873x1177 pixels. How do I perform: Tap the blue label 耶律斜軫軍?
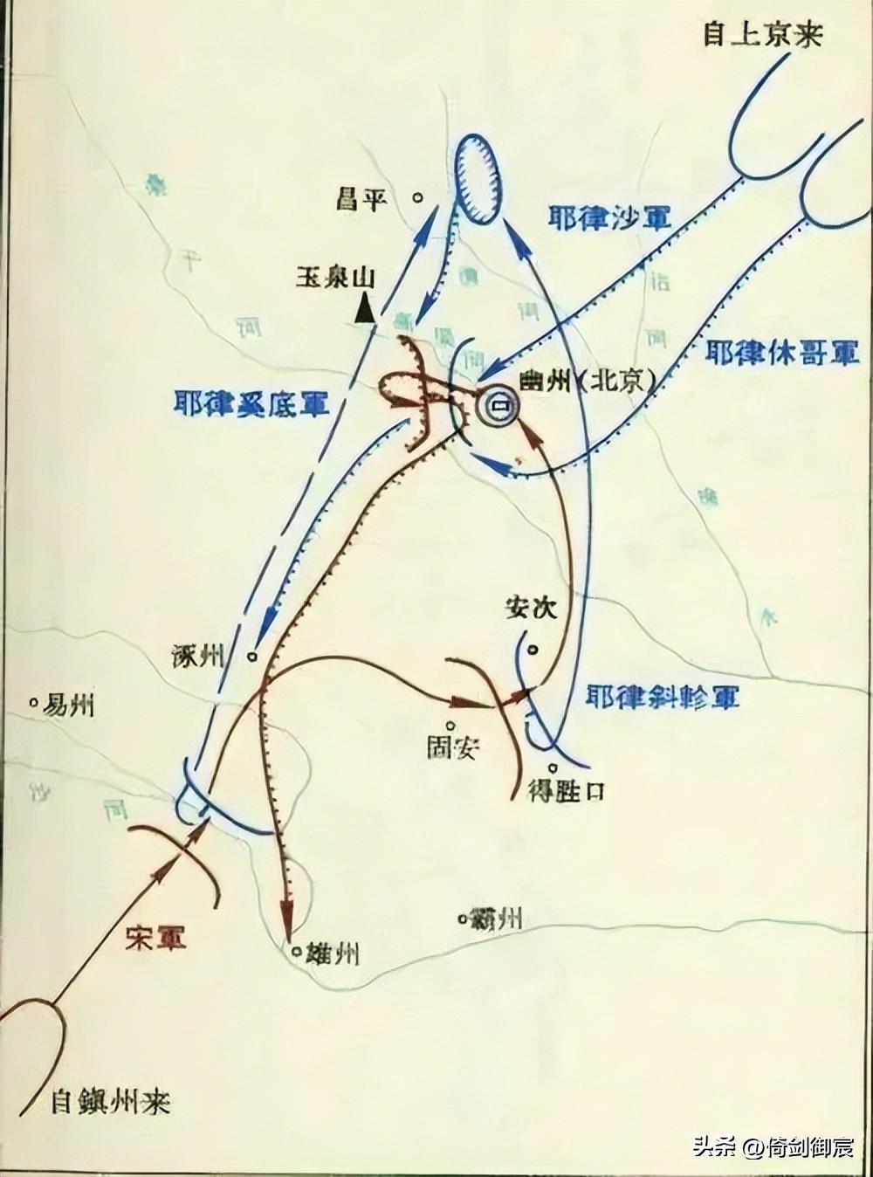[x=663, y=697]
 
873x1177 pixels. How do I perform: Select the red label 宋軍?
[x=156, y=938]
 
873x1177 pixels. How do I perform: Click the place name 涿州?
[x=201, y=657]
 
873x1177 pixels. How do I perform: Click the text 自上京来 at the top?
[x=763, y=35]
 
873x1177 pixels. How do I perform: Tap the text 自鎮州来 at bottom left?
[x=111, y=1102]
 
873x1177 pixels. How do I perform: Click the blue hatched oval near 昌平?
[x=478, y=179]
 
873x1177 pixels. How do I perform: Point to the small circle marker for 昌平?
[x=419, y=198]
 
